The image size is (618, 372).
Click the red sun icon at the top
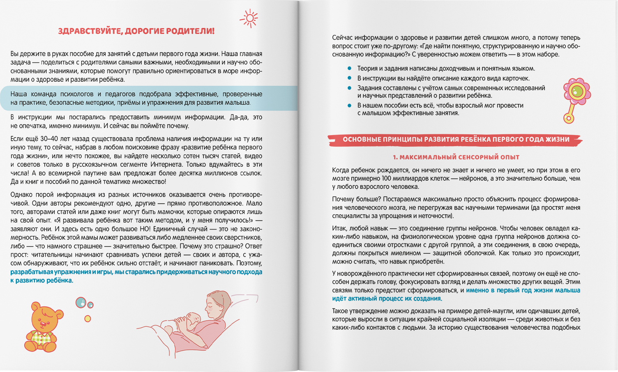point(249,18)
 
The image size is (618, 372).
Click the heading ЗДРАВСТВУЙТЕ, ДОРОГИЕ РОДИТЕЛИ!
point(136,31)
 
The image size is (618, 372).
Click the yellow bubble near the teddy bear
point(88,318)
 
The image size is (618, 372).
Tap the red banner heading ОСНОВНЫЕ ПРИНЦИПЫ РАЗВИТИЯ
point(456,140)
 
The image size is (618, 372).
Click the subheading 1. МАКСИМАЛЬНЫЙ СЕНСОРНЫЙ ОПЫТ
point(456,157)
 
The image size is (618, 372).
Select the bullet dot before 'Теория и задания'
point(350,69)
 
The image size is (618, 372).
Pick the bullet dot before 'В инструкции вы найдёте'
point(350,78)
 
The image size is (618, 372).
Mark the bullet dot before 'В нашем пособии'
point(350,105)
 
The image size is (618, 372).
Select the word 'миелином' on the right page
point(406,253)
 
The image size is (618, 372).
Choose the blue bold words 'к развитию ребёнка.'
point(42,281)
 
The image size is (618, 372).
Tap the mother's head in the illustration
point(216,304)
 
